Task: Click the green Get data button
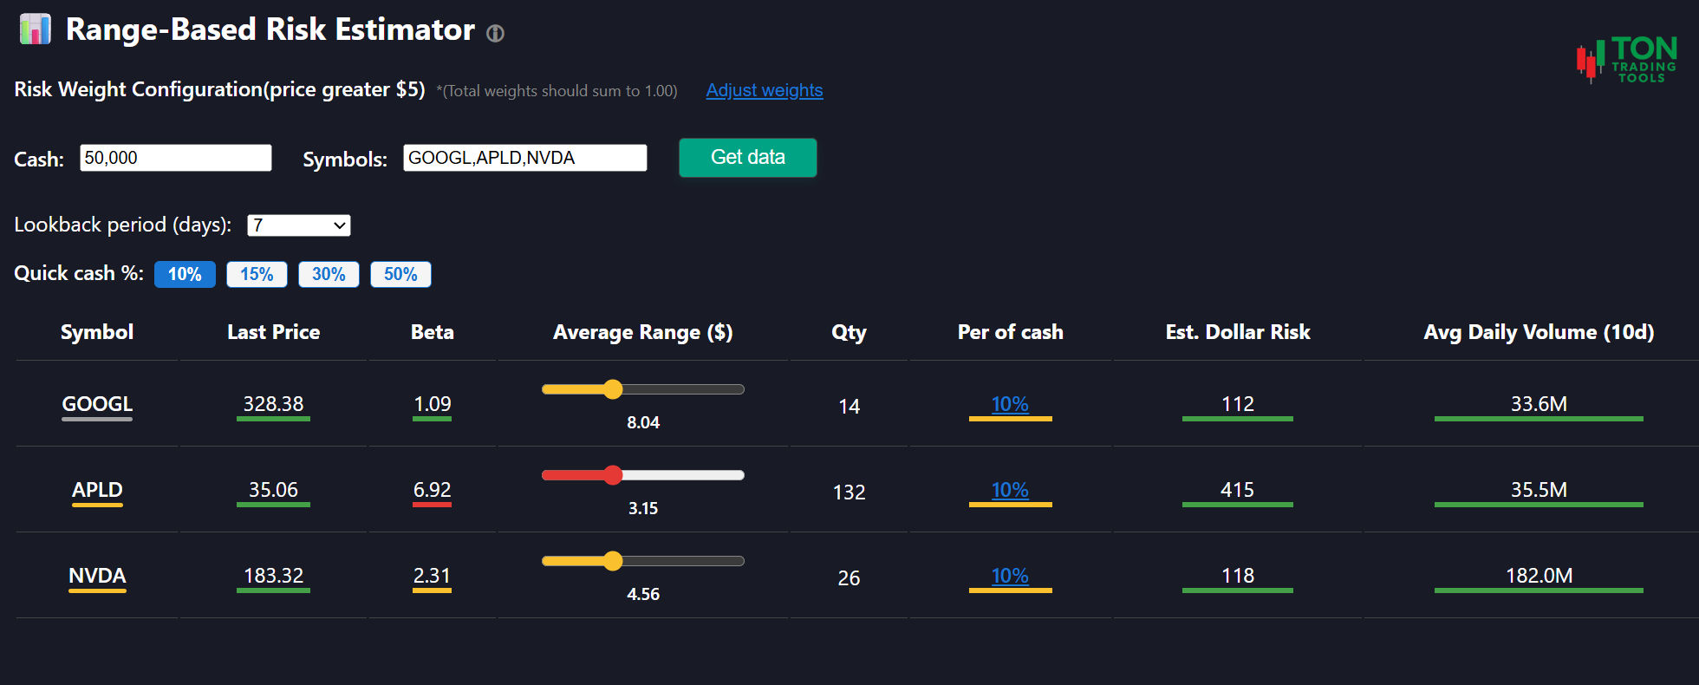tap(747, 158)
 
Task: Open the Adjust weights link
tap(764, 90)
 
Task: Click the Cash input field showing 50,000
tap(175, 158)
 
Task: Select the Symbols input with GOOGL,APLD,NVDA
tap(524, 158)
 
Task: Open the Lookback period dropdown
tap(298, 225)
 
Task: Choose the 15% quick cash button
tap(257, 274)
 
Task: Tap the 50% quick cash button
tap(400, 274)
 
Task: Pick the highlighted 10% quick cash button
tap(185, 274)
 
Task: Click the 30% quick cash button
tap(329, 274)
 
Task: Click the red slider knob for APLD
tap(613, 475)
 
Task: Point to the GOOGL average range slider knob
tap(613, 389)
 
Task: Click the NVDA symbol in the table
tap(97, 576)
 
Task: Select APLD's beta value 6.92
tap(432, 490)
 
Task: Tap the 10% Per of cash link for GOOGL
tap(1010, 404)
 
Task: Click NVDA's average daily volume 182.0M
tap(1539, 576)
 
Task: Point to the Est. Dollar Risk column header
tap(1237, 332)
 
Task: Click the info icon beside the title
tap(495, 34)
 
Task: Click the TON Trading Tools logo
tap(1627, 60)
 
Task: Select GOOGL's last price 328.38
tap(273, 404)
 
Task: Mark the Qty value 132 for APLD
tap(849, 493)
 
